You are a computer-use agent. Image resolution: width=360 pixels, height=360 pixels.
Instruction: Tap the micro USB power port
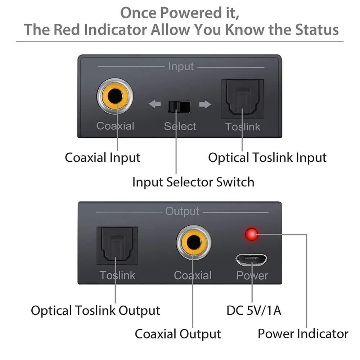[252, 259]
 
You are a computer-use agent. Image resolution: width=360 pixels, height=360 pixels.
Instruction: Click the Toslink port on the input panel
[243, 99]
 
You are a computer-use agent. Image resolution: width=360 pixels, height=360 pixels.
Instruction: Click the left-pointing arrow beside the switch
[155, 105]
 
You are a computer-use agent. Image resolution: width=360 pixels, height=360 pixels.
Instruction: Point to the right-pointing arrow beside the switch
[205, 105]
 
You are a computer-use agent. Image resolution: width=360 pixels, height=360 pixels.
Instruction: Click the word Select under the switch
[180, 126]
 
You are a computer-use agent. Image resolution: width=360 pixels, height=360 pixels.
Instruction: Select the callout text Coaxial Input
[103, 158]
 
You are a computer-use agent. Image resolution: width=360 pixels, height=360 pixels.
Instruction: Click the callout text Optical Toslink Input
[267, 158]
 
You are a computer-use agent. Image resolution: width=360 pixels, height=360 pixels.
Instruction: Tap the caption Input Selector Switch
[193, 182]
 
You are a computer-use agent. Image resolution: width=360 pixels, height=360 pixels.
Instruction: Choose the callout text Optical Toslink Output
[95, 310]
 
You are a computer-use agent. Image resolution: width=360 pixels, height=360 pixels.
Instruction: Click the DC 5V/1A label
[254, 310]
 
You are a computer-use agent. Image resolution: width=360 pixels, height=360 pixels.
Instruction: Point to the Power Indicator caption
[303, 334]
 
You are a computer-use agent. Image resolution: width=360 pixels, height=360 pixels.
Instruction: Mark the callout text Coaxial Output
[178, 334]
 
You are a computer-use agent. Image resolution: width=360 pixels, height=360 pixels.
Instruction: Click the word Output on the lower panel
[182, 211]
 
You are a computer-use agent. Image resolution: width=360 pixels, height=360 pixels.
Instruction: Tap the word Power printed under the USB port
[252, 276]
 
